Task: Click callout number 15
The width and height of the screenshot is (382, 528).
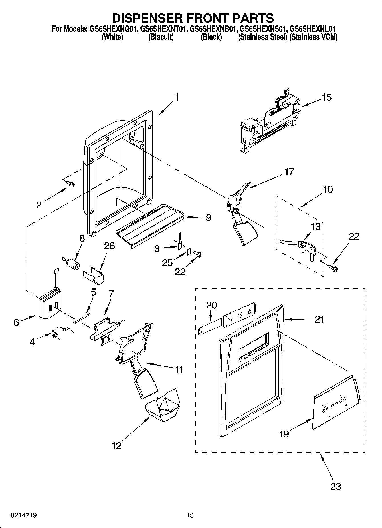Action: tap(327, 97)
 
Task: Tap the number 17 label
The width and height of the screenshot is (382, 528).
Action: tap(289, 172)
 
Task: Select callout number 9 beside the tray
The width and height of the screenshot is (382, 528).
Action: tap(209, 218)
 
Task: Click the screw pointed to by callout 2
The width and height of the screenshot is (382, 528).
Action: tap(70, 184)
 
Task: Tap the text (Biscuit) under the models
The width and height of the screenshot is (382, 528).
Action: tap(161, 37)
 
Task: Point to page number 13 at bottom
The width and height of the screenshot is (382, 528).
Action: tap(190, 515)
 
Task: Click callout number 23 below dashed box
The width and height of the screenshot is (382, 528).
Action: tap(335, 486)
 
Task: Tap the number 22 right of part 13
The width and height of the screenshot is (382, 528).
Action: tap(354, 237)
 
